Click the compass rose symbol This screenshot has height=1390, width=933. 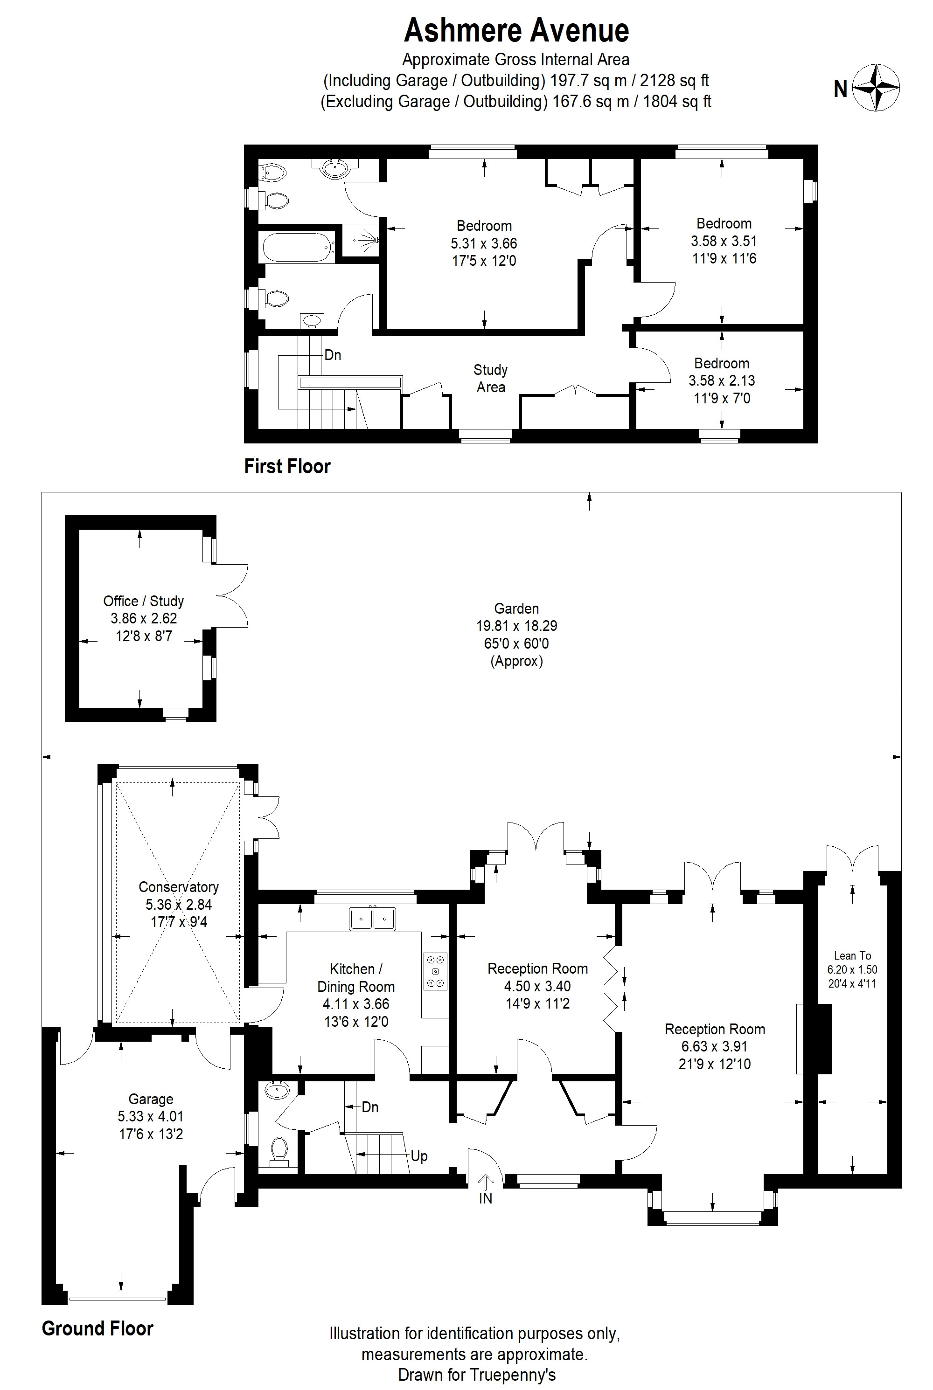(x=876, y=88)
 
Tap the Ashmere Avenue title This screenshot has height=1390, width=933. (x=516, y=31)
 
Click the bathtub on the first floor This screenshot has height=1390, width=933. (x=296, y=248)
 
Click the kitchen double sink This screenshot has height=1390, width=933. (x=372, y=919)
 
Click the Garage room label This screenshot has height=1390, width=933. (x=151, y=1099)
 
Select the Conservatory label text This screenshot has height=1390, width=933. (x=179, y=887)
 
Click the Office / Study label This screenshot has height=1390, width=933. (x=143, y=601)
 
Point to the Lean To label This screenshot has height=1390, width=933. (x=852, y=956)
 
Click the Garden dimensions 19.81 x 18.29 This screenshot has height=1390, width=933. (x=516, y=626)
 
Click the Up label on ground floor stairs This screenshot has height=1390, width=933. (x=419, y=1156)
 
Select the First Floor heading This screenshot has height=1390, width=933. (x=287, y=466)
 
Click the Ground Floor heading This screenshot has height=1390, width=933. (x=97, y=1328)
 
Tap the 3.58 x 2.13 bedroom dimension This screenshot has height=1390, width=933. (x=721, y=380)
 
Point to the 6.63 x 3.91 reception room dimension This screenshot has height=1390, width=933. (x=714, y=1046)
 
